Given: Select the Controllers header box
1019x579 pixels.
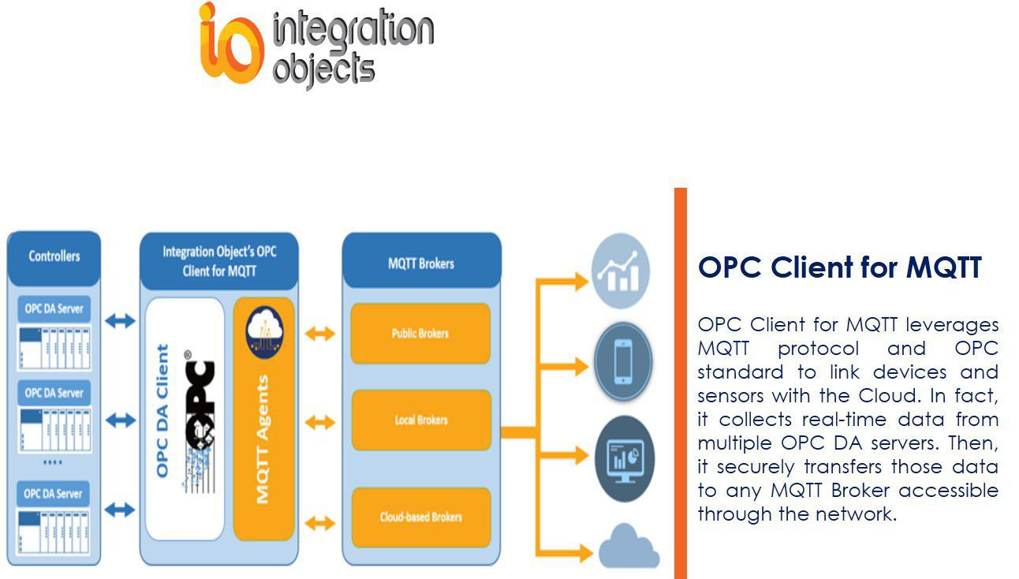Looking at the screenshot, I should [x=54, y=256].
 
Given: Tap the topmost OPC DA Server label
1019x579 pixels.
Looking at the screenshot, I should [x=54, y=308].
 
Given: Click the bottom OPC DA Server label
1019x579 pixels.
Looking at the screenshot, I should [x=54, y=493].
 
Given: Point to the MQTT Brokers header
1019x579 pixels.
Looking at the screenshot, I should [x=421, y=263].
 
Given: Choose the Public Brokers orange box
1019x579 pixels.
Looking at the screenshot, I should [x=420, y=334].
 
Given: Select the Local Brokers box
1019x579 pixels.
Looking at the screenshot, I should [x=420, y=420].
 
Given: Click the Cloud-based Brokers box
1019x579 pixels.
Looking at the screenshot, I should [x=420, y=517].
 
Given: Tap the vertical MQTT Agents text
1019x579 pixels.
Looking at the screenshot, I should [x=263, y=439].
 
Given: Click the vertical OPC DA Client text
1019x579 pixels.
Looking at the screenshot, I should [x=162, y=410].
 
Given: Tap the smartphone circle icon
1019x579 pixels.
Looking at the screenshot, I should [x=622, y=362].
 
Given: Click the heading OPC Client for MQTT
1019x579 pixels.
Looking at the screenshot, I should [x=839, y=268].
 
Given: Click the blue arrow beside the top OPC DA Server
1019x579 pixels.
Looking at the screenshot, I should [x=120, y=320].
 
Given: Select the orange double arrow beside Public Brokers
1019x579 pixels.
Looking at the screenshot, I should [x=319, y=334].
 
